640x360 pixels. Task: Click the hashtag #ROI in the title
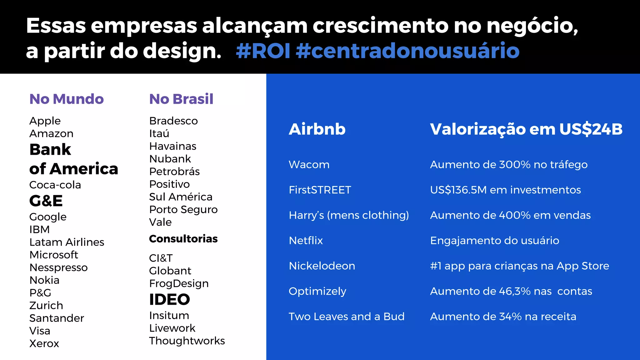263,51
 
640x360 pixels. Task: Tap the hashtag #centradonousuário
407,51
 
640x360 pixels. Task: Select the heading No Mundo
66,99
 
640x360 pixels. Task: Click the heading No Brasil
181,99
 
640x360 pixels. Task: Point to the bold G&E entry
46,201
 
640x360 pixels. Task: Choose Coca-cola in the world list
55,185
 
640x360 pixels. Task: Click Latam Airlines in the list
67,242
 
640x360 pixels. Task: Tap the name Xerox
44,343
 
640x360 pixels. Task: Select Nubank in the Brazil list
170,159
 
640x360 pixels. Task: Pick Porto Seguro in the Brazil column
183,209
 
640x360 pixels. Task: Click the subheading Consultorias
183,239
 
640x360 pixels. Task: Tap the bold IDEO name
169,299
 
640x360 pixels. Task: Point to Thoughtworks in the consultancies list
187,341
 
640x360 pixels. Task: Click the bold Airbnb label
317,129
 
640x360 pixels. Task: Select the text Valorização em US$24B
526,129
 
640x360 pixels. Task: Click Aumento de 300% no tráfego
508,165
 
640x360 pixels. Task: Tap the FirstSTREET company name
320,190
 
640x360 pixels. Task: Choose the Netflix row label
306,241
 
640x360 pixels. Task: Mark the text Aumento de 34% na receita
503,317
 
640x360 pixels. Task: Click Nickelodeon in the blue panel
322,266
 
